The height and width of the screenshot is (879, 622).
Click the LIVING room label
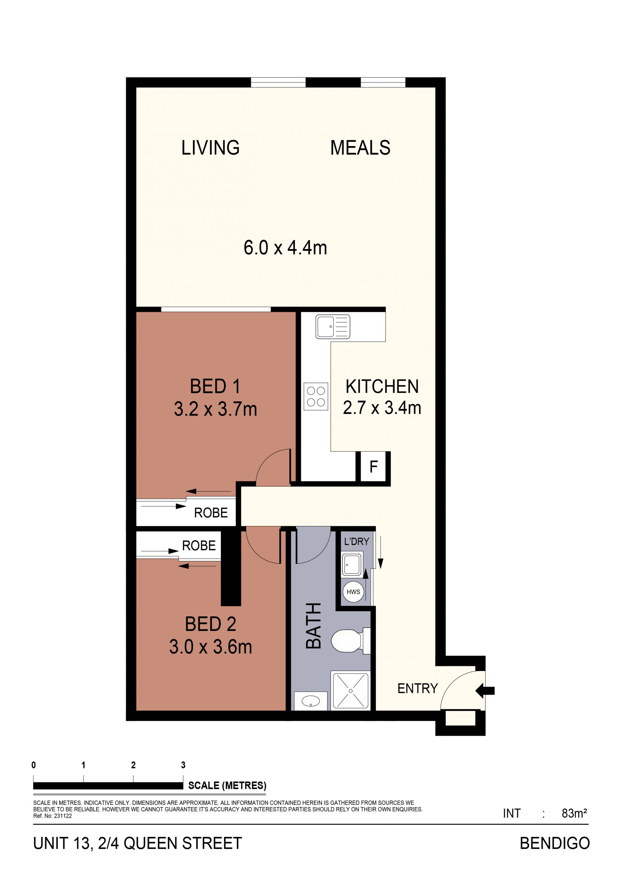pyautogui.click(x=210, y=148)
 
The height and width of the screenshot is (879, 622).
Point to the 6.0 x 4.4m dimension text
pyautogui.click(x=285, y=248)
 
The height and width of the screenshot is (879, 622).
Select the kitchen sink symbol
pyautogui.click(x=333, y=326)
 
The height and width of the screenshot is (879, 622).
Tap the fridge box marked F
pyautogui.click(x=374, y=467)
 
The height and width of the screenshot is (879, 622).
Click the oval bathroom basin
pyautogui.click(x=311, y=701)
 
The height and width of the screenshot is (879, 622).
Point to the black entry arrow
pyautogui.click(x=485, y=691)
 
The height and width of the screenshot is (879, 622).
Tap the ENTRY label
pyautogui.click(x=418, y=688)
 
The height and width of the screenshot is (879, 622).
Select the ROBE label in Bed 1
pyautogui.click(x=211, y=513)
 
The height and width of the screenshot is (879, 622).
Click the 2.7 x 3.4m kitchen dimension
pyautogui.click(x=382, y=408)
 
